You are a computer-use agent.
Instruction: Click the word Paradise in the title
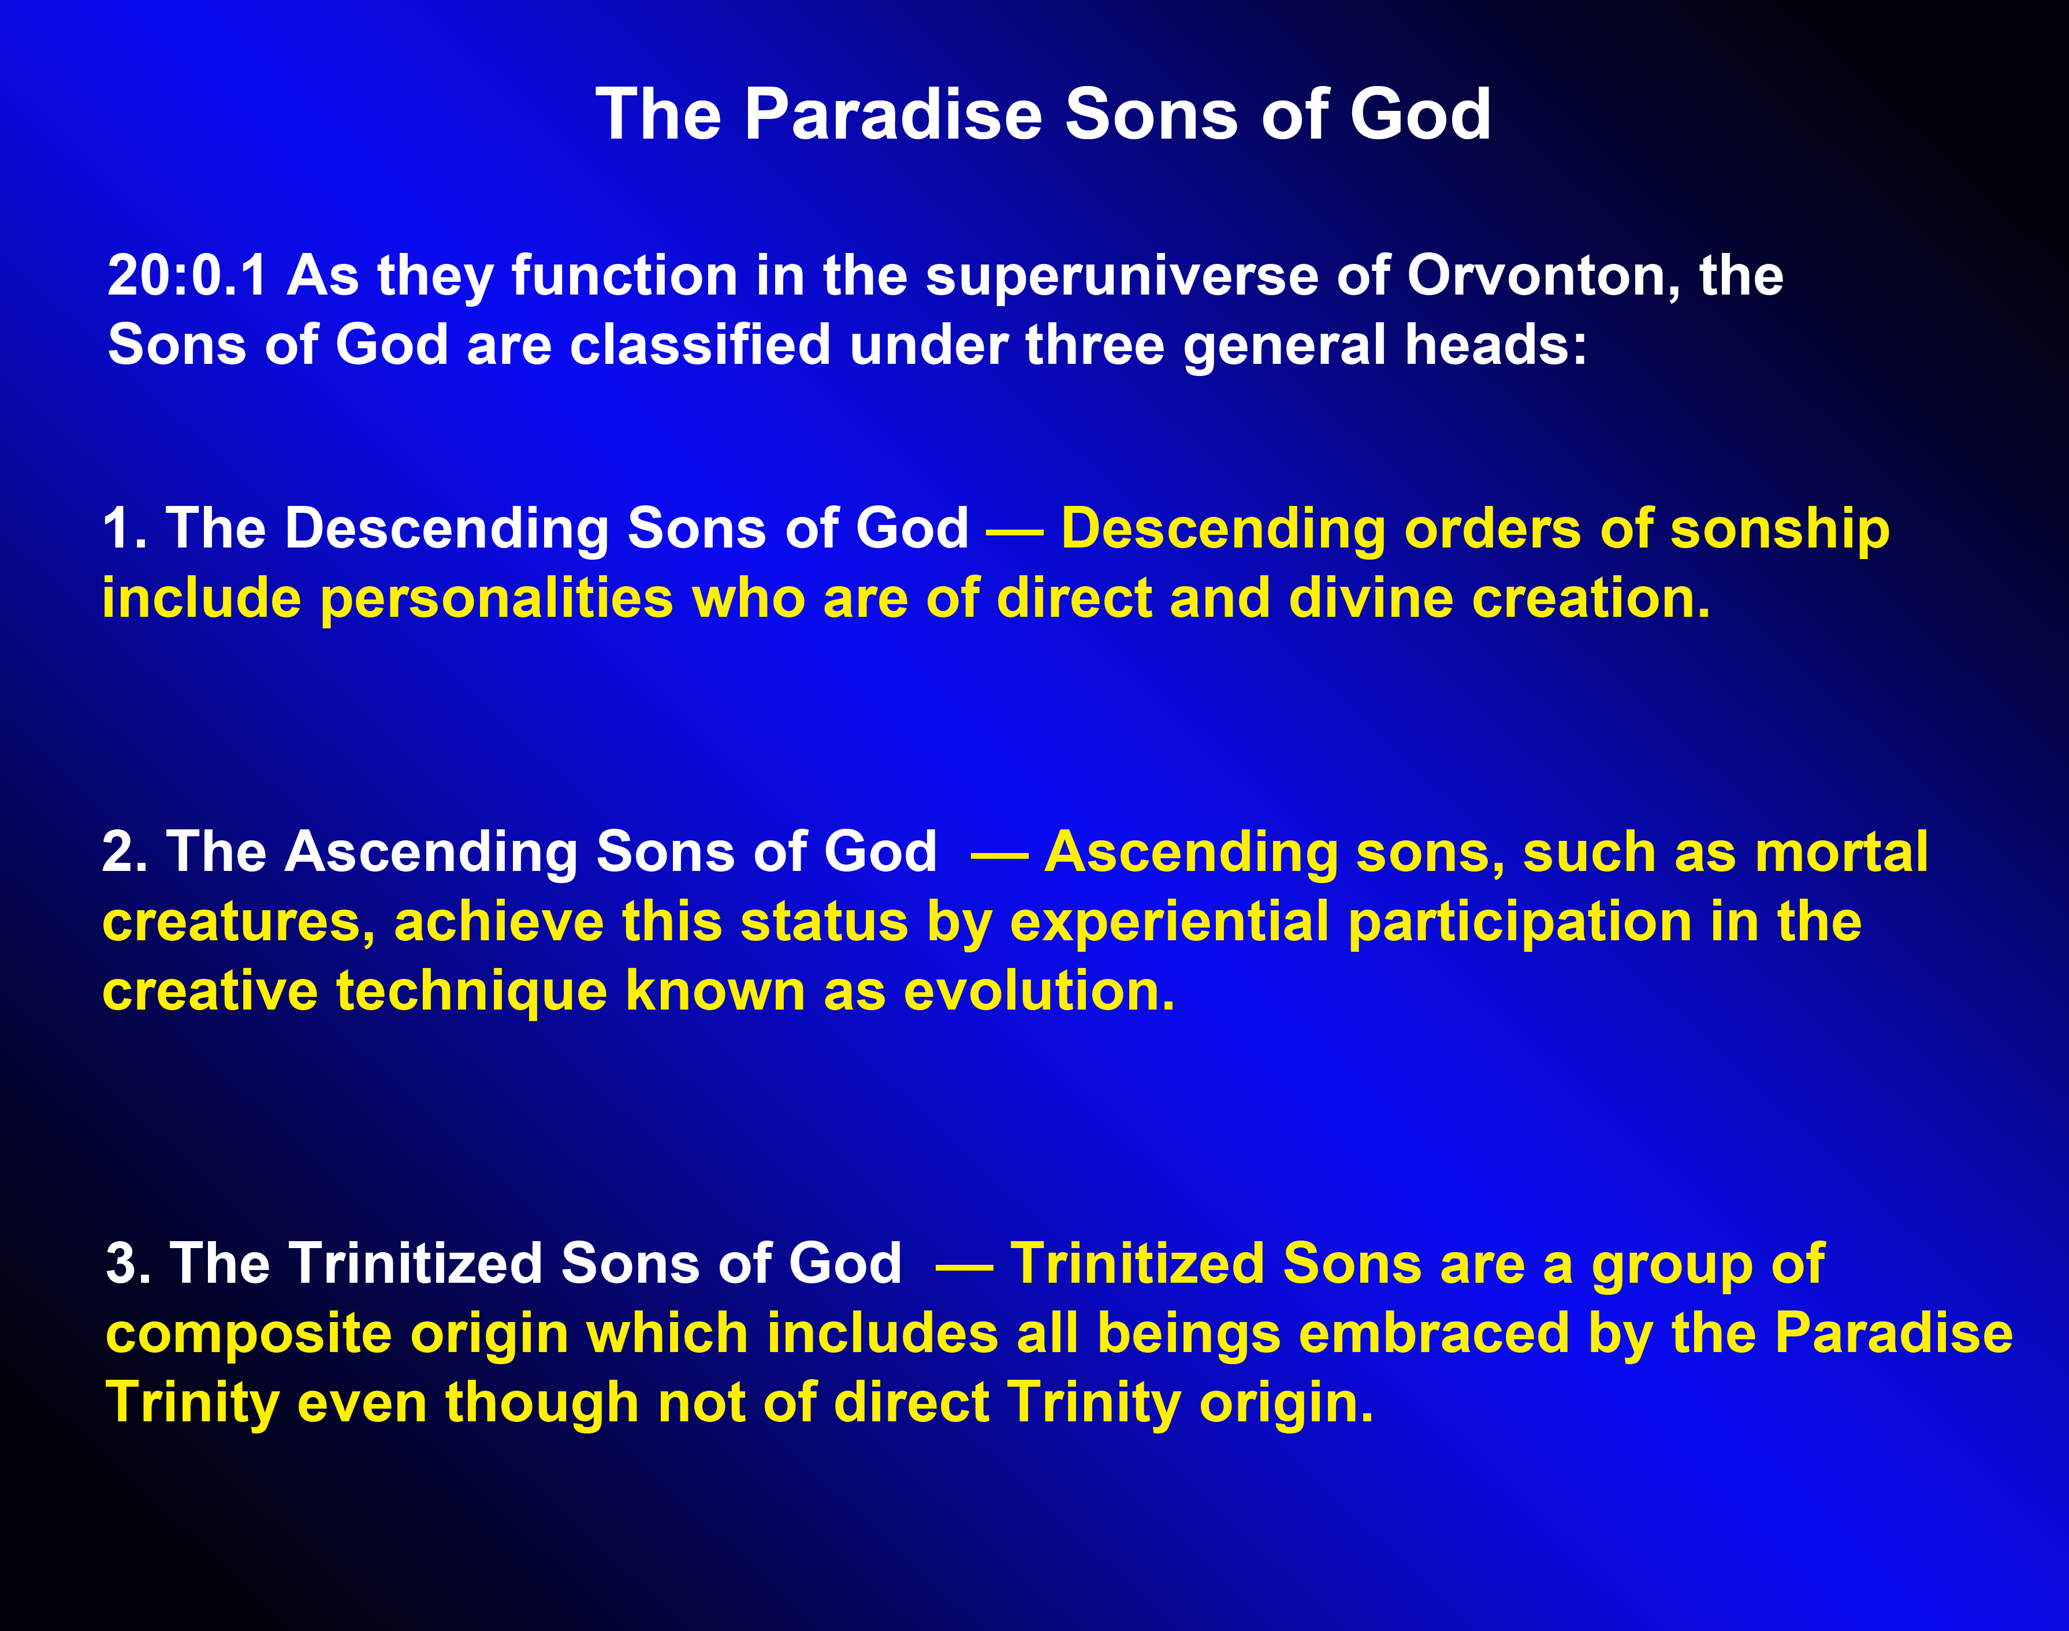[x=893, y=114]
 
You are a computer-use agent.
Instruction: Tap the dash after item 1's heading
[x=1014, y=531]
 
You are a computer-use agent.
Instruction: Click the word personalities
[x=497, y=599]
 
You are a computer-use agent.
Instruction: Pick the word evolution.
[x=1038, y=991]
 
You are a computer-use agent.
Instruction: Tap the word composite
[x=248, y=1335]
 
